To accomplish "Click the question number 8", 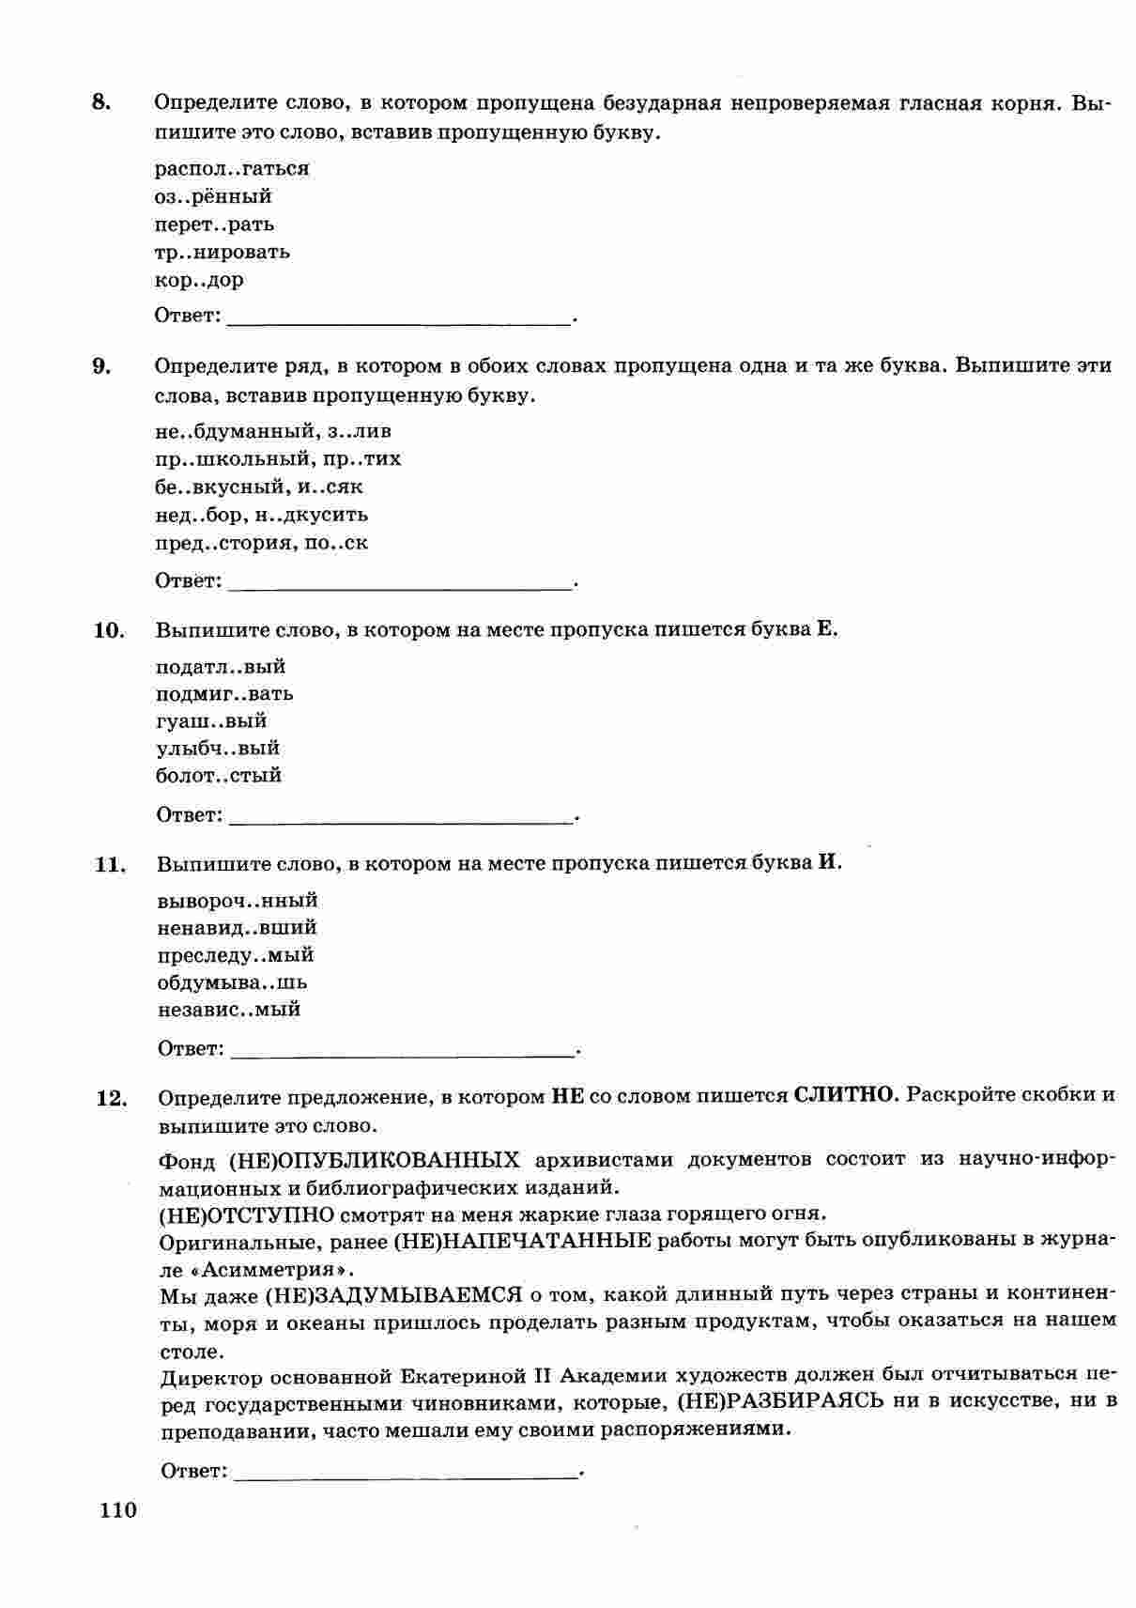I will click(101, 102).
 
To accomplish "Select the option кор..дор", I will click(199, 280).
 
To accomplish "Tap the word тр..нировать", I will click(223, 252).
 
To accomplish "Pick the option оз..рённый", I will click(213, 196).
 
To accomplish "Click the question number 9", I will click(101, 366).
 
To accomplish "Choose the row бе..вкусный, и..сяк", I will click(258, 487).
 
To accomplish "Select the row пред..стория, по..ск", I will click(261, 542).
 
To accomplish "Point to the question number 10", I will click(108, 630).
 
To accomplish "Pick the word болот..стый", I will click(219, 776).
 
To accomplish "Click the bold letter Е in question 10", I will click(825, 629).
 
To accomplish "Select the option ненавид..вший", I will click(238, 928).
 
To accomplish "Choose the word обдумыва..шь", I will click(233, 982).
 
